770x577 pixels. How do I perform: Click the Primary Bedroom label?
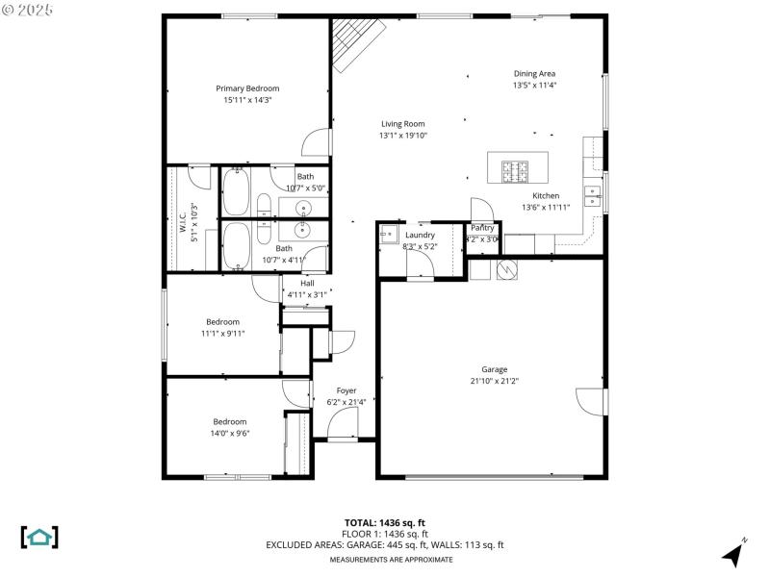coord(247,88)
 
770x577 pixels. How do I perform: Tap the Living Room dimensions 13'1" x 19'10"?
coord(402,136)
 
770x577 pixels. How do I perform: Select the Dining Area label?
coord(534,73)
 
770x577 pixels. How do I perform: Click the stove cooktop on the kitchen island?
coord(515,171)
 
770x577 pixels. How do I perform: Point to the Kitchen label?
coord(546,195)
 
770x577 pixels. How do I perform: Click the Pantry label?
coord(482,228)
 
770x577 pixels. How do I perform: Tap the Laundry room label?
coord(420,235)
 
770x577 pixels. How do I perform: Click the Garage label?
coord(495,369)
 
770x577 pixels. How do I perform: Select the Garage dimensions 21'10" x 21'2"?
coord(495,381)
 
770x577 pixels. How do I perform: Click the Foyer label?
coord(346,390)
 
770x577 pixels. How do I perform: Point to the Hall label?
coord(307,283)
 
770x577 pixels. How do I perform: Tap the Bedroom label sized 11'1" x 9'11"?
coord(222,321)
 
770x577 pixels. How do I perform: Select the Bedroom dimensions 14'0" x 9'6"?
coord(230,433)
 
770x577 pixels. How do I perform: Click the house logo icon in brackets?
coord(39,537)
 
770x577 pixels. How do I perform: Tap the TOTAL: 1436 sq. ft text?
coord(385,522)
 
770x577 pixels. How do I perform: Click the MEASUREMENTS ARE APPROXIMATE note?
coord(391,559)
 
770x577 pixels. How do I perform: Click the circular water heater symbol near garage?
coord(505,270)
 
